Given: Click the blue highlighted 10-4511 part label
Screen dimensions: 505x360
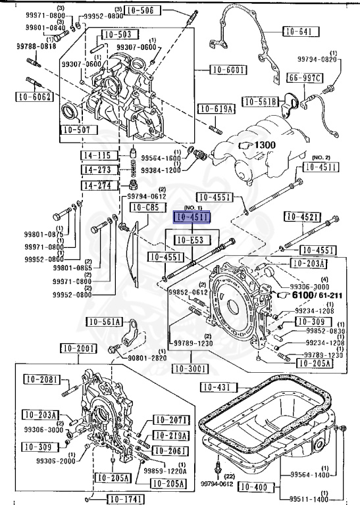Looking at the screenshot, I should point(191,216).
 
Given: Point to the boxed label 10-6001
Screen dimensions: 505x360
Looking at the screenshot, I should point(228,70).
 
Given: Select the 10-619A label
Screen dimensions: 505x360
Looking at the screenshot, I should point(215,108).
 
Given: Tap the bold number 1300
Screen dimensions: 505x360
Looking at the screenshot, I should point(265,145).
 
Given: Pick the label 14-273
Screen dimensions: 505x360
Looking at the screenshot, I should point(95,170).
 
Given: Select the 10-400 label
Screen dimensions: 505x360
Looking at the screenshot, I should point(252,487).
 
